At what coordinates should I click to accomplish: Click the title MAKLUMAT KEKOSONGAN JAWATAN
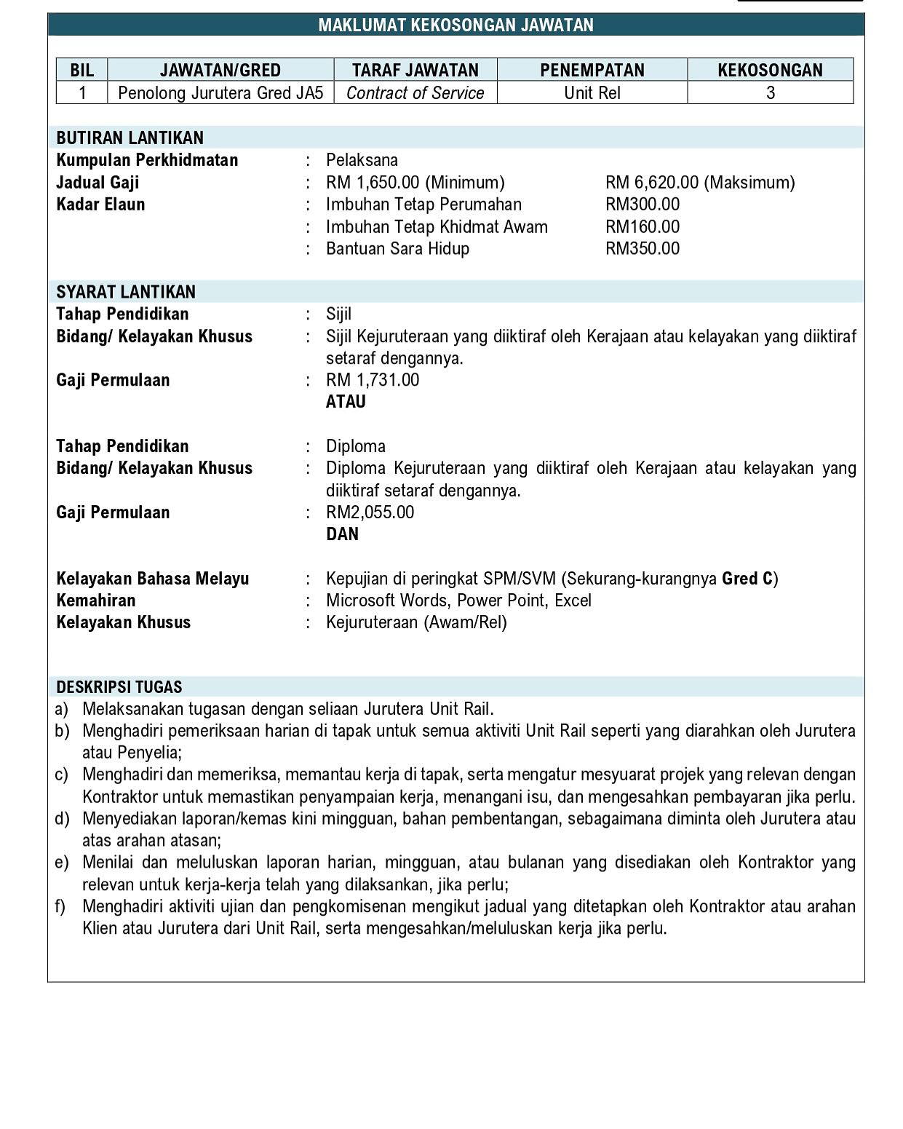(456, 25)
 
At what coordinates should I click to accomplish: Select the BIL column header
(82, 70)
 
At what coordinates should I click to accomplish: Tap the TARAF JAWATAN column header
(415, 70)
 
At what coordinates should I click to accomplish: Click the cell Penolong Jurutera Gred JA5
(220, 93)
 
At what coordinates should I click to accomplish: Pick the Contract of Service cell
(415, 93)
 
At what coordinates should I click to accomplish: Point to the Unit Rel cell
(592, 93)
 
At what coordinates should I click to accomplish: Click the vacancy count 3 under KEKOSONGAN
(771, 93)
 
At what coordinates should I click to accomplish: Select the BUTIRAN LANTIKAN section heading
(130, 138)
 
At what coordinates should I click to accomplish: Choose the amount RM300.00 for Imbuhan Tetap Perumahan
(643, 205)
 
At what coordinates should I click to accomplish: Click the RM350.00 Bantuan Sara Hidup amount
(643, 249)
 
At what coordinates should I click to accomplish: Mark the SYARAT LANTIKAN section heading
(126, 292)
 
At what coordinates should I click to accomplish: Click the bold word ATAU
(346, 402)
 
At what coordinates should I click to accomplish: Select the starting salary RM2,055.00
(370, 512)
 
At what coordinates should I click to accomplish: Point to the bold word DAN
(342, 534)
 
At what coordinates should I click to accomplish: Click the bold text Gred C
(747, 579)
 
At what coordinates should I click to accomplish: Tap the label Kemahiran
(96, 601)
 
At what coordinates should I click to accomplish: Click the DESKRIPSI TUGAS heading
(119, 687)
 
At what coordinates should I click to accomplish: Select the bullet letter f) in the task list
(60, 906)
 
